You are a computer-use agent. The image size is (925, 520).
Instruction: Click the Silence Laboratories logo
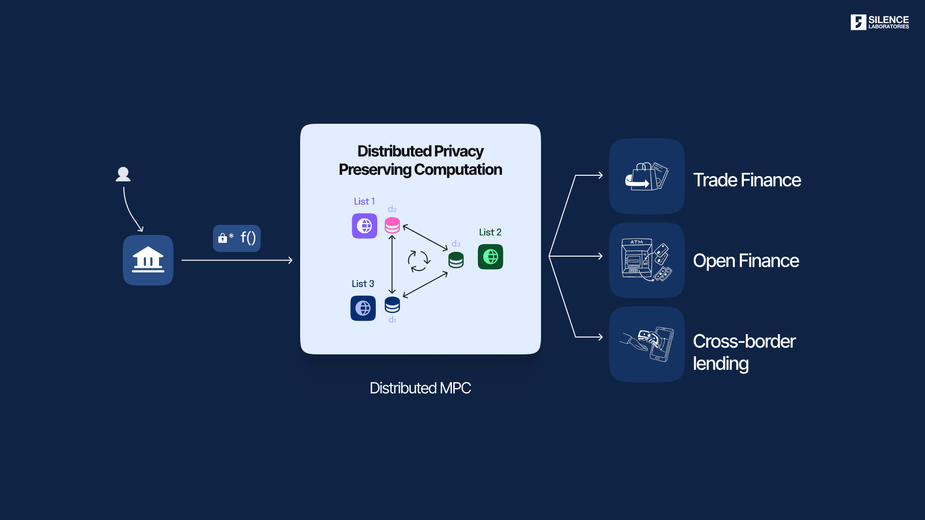tap(879, 22)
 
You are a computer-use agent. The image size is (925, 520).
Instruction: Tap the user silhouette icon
tap(123, 174)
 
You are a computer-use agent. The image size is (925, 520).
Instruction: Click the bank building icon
tap(148, 260)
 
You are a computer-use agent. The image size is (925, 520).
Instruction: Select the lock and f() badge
tap(237, 238)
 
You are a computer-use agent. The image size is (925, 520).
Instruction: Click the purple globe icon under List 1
tap(364, 226)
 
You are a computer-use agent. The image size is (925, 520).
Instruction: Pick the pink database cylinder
tap(392, 225)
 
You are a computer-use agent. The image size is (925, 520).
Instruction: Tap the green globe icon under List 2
tap(490, 257)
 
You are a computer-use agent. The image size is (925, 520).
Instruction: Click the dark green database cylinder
tap(456, 260)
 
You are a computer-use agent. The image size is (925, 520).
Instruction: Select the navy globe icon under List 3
tap(363, 308)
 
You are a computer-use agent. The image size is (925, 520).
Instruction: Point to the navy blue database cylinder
tap(392, 305)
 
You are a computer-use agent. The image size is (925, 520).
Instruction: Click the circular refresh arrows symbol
tap(419, 261)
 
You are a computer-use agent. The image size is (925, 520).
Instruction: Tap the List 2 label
tap(490, 232)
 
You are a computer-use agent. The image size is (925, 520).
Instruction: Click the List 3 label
tap(363, 284)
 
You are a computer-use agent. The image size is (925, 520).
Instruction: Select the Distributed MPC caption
tap(420, 388)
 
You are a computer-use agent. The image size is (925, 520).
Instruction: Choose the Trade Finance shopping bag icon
tap(647, 176)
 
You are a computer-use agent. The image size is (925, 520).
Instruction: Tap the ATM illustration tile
tap(647, 260)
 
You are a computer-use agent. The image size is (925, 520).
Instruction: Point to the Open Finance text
tap(746, 261)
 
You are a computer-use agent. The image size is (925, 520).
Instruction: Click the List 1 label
tap(364, 201)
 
